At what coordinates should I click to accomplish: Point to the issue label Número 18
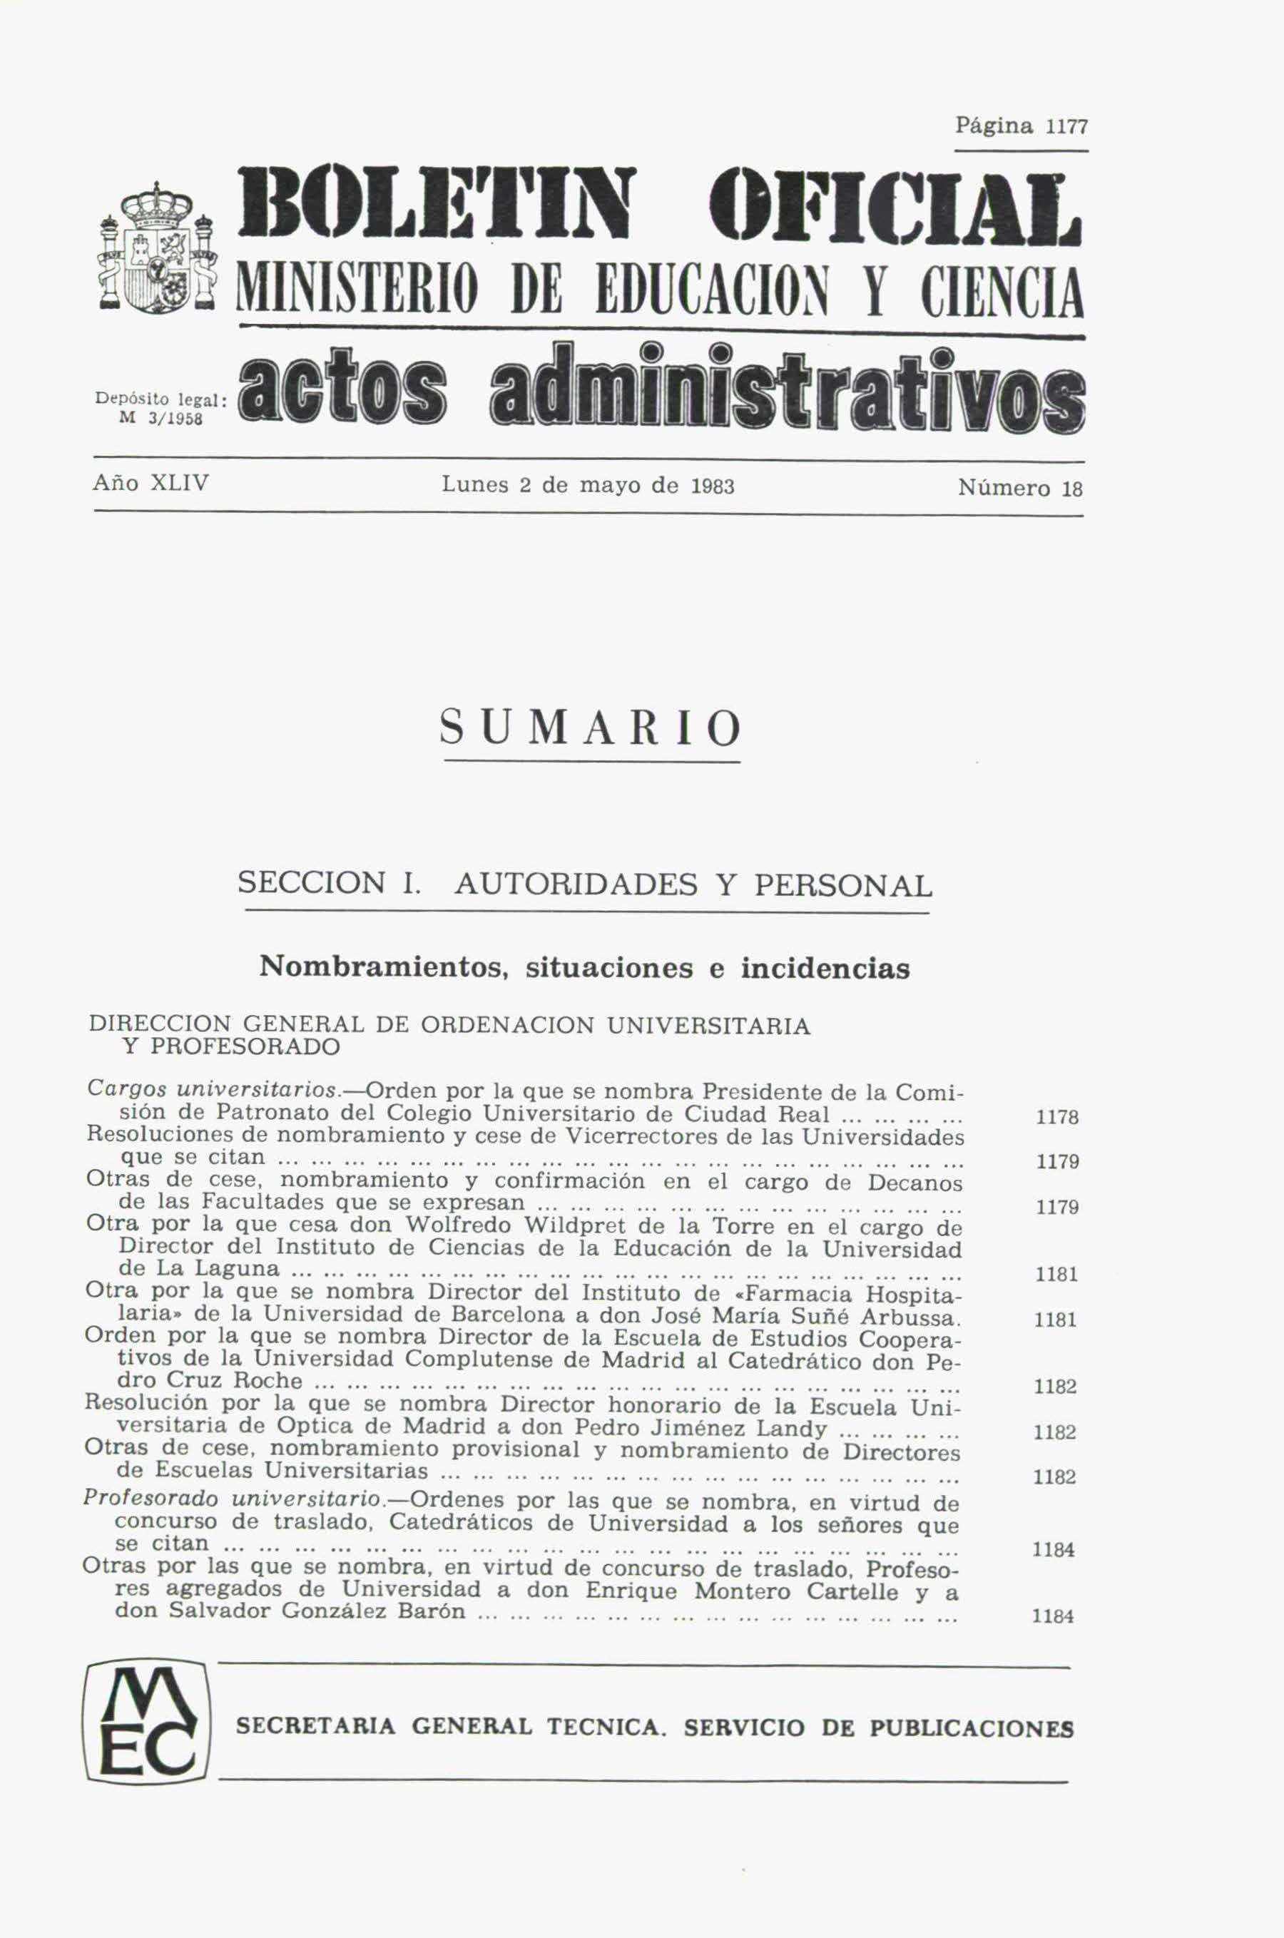click(1019, 489)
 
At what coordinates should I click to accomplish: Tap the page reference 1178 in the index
click(1056, 1118)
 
